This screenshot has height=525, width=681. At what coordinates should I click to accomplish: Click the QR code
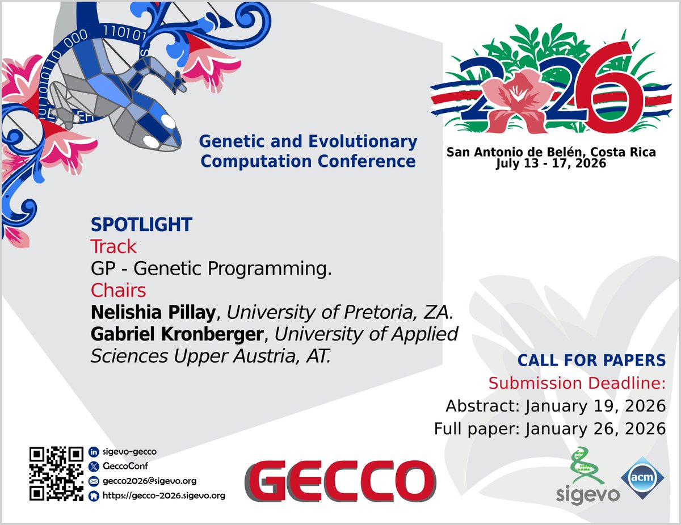coord(56,474)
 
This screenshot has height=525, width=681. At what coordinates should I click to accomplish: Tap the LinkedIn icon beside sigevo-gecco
coord(94,452)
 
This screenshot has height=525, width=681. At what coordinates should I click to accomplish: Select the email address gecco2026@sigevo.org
coord(149,481)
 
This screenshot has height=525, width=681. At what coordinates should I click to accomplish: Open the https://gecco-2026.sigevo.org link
coord(163,495)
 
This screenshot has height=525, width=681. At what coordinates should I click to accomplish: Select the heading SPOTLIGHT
coord(141,225)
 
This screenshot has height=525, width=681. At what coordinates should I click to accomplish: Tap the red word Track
coord(113,247)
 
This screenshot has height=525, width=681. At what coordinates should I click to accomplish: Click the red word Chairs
coord(118,291)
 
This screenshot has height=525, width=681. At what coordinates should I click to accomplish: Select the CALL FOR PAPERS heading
coord(591,360)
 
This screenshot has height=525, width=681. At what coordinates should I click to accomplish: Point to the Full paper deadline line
coord(549,429)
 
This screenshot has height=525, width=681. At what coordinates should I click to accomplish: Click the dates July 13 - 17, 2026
coord(550,164)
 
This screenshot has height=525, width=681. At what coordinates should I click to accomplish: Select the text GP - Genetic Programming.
coord(211,269)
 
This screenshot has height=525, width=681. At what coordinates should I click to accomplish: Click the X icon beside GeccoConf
coord(94,467)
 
